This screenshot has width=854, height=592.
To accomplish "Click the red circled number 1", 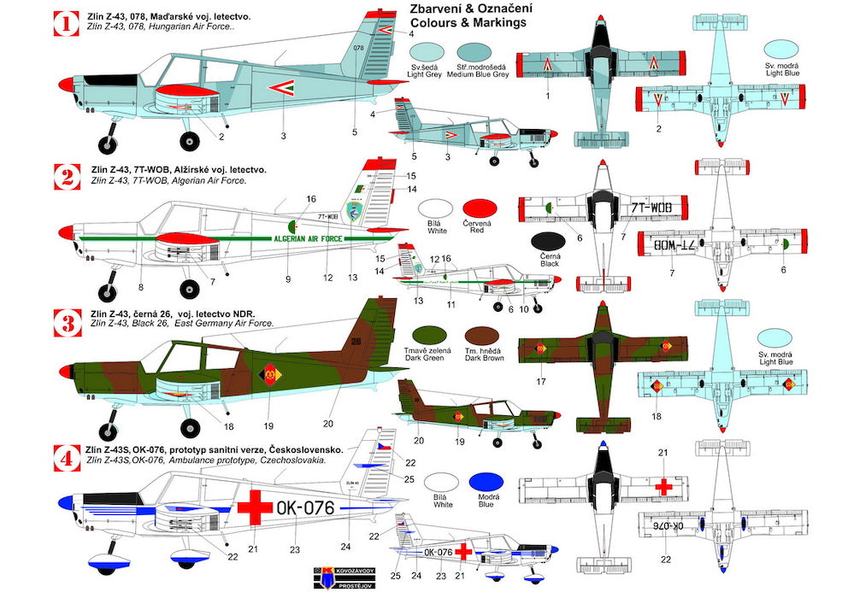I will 65,23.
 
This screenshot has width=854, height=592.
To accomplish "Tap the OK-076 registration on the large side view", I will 307,507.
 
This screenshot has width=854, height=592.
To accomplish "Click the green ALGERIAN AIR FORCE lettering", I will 311,239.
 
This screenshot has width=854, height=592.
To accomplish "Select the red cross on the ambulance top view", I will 663,485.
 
